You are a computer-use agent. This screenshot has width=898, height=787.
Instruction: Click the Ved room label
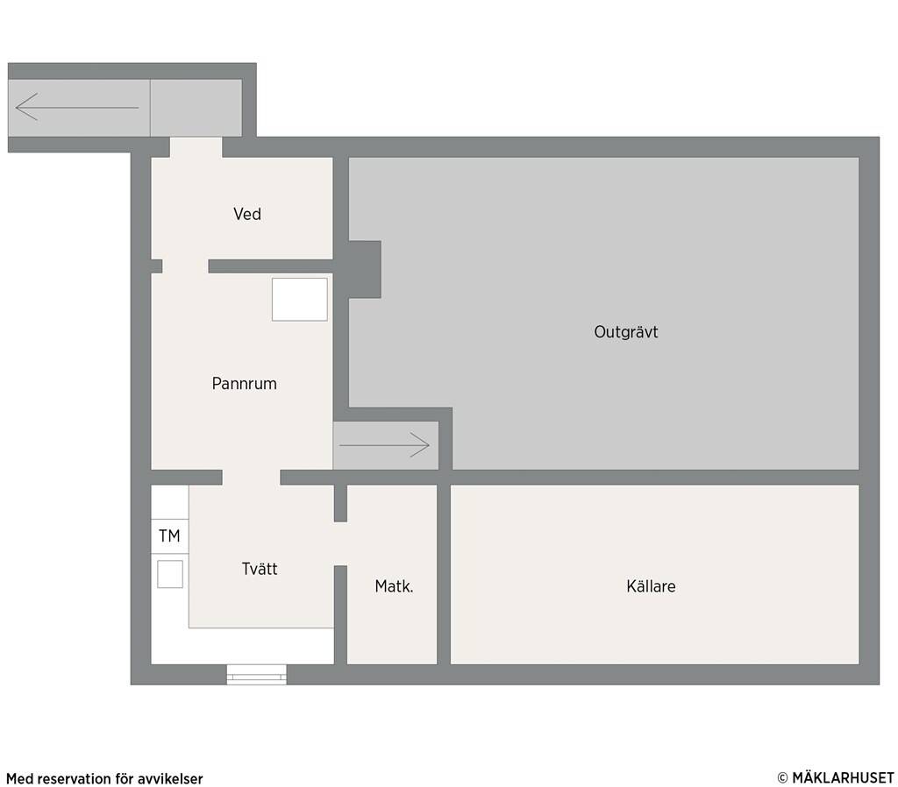[x=246, y=214]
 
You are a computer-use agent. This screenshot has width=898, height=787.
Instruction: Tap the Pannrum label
[x=244, y=384]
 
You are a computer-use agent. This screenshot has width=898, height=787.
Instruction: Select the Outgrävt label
[x=626, y=332]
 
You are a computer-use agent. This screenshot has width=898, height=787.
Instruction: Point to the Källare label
[x=651, y=586]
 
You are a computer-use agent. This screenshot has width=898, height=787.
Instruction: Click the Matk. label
[x=394, y=586]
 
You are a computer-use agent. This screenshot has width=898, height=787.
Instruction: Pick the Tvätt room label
[x=260, y=569]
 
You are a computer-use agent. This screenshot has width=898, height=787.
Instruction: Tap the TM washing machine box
[x=169, y=536]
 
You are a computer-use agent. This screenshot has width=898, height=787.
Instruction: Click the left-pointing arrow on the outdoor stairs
[x=77, y=107]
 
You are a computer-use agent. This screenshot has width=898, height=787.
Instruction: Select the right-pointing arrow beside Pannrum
[x=384, y=445]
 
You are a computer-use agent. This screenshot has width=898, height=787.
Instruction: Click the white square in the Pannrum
[x=300, y=300]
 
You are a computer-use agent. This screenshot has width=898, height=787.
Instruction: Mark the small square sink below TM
[x=170, y=574]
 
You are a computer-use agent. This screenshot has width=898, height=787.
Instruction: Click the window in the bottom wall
[x=257, y=675]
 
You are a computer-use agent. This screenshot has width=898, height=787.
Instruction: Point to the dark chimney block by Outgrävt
[x=365, y=270]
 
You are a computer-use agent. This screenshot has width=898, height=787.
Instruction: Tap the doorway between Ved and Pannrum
[x=185, y=266]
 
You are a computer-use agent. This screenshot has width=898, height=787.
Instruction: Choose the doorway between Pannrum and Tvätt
[x=251, y=478]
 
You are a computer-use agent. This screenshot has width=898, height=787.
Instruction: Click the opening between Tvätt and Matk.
[x=341, y=543]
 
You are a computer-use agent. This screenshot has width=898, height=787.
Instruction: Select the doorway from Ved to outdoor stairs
[x=196, y=147]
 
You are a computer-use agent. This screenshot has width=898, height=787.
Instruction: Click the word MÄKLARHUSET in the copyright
[x=843, y=778]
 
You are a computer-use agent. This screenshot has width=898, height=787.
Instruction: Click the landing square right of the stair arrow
[x=196, y=108]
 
